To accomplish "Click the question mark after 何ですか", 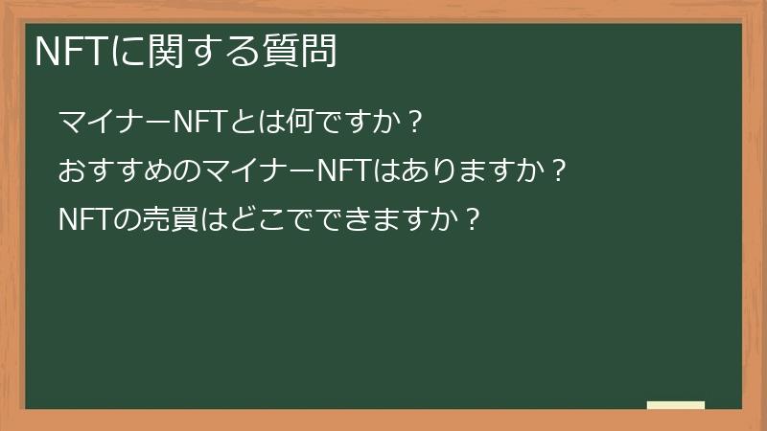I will click(x=414, y=124).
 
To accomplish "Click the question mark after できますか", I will click(x=470, y=221).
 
